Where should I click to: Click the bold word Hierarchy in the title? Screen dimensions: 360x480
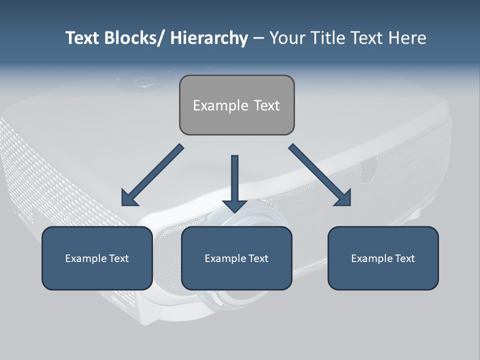click(208, 38)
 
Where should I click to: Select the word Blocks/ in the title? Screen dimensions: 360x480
click(134, 38)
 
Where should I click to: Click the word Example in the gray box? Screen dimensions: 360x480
click(220, 105)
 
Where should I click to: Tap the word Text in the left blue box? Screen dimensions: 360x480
click(119, 258)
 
